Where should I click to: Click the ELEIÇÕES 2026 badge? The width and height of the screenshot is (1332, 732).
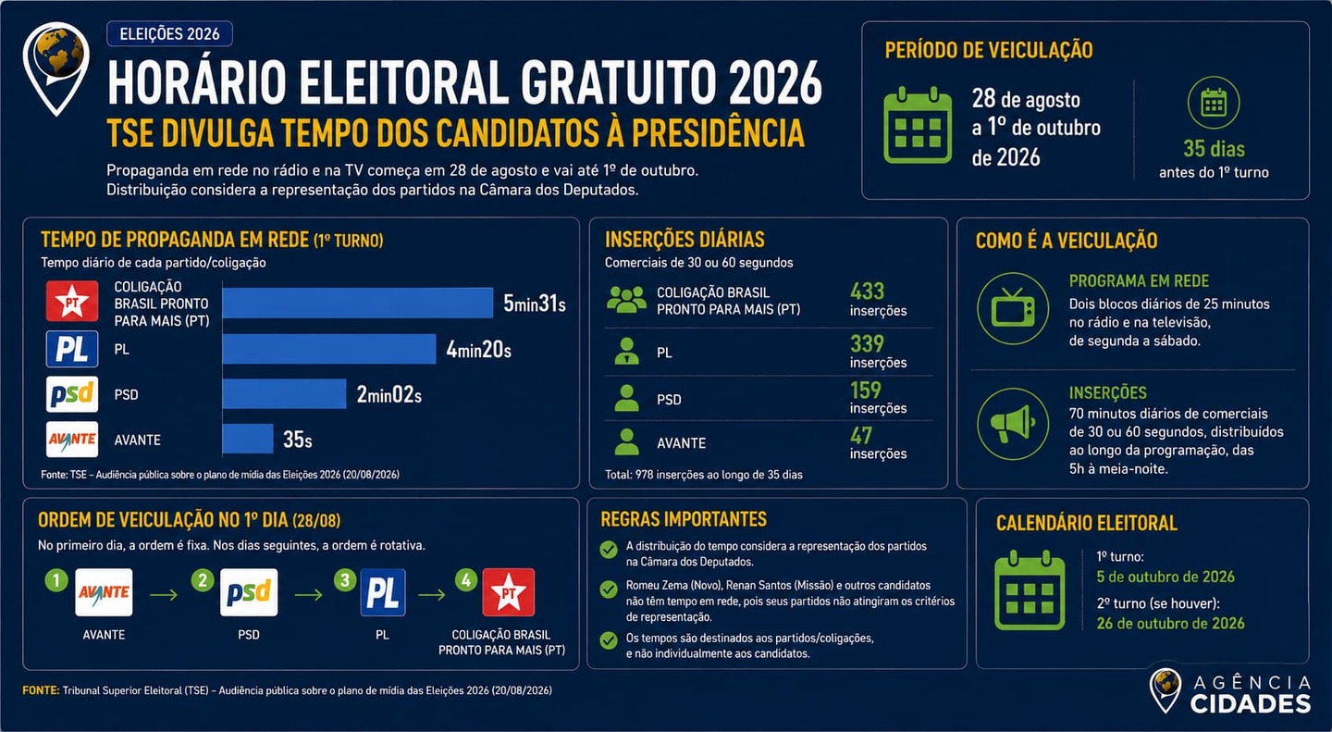(x=169, y=34)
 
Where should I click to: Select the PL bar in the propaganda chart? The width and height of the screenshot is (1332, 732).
(x=329, y=349)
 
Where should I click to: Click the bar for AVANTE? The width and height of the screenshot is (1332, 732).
(x=248, y=440)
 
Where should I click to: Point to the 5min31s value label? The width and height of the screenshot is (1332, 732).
(x=535, y=304)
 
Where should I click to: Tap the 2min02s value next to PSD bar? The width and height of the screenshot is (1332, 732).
(x=388, y=394)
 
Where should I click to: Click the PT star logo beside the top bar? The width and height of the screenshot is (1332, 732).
(x=72, y=301)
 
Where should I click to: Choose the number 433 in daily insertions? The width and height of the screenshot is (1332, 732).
(x=867, y=292)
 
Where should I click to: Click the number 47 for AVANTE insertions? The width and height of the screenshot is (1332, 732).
(x=861, y=436)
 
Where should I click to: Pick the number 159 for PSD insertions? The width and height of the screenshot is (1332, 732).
(x=866, y=391)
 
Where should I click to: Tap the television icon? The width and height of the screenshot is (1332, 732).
(x=1013, y=308)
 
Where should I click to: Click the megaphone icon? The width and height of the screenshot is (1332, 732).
(x=1013, y=424)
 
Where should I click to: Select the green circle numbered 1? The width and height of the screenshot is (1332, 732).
(x=56, y=579)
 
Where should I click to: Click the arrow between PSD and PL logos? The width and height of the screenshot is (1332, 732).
(x=309, y=594)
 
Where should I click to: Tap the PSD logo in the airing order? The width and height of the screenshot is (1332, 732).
(x=249, y=592)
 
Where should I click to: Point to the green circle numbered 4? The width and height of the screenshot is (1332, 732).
(x=466, y=579)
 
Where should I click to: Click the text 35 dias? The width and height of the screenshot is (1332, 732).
(x=1214, y=149)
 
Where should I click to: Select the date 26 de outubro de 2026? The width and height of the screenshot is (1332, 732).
(x=1170, y=623)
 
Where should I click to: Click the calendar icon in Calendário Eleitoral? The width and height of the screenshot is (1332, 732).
(x=1030, y=591)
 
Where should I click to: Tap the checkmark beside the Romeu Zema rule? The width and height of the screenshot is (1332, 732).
(x=609, y=589)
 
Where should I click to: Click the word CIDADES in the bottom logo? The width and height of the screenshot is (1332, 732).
(x=1251, y=704)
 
